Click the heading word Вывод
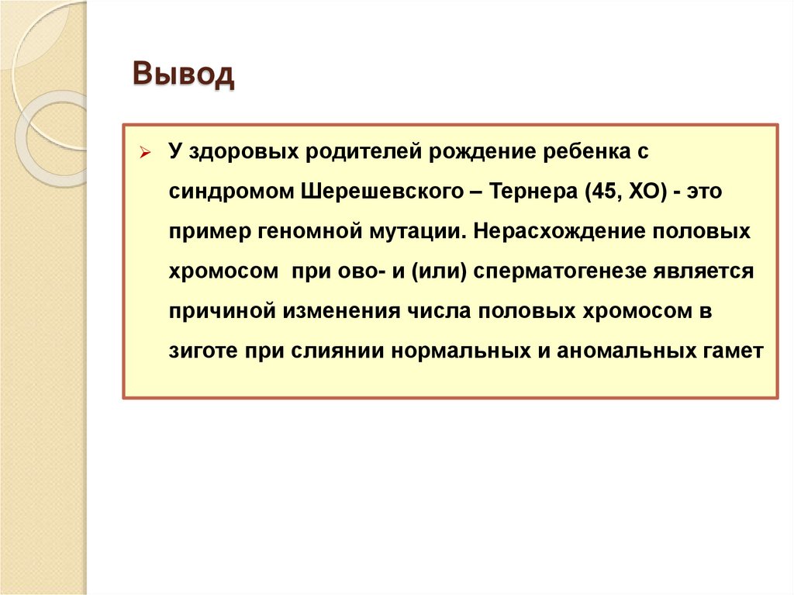coord(183,75)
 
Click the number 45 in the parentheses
coord(594,191)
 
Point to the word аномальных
coord(609,351)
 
